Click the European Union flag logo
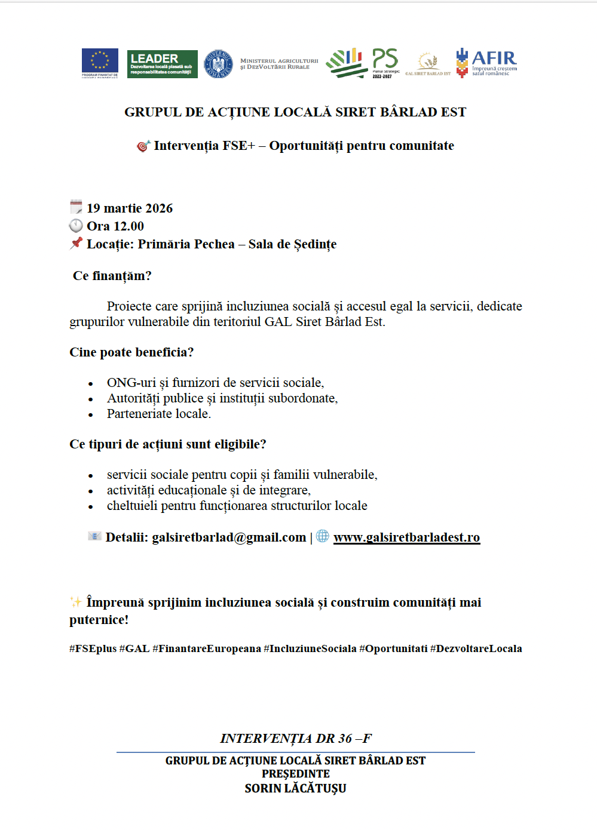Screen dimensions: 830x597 [x=100, y=63]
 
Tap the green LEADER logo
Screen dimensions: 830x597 [x=162, y=64]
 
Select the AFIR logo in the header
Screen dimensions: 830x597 [x=486, y=63]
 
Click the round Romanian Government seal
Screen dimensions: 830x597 [x=219, y=64]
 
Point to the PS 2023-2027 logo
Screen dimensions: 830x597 [x=385, y=63]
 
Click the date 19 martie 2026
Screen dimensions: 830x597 [x=130, y=208]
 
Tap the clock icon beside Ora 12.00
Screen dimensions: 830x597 [x=76, y=226]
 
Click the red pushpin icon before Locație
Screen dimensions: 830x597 [x=76, y=243]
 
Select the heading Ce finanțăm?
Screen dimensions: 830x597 [x=112, y=276]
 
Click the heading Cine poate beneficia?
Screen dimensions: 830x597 [x=131, y=352]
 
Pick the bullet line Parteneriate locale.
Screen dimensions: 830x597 [x=159, y=414]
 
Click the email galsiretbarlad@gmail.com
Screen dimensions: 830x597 [x=229, y=537]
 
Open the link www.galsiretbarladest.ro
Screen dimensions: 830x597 [x=406, y=537]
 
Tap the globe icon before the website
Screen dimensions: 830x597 [x=323, y=536]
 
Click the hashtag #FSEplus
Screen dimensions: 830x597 [x=93, y=648]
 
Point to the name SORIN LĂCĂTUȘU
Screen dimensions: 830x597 [x=295, y=788]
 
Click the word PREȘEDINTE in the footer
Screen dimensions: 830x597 [x=295, y=774]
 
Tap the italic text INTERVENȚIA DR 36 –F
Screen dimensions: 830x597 [x=295, y=739]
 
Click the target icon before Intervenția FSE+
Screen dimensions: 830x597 [x=143, y=146]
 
